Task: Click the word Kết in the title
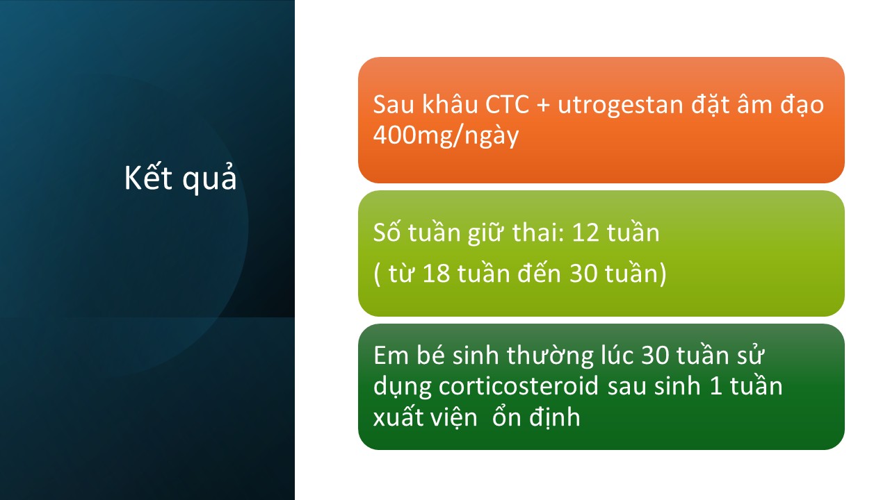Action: click(x=148, y=176)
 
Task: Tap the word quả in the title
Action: click(x=209, y=178)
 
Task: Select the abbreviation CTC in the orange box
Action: click(x=507, y=105)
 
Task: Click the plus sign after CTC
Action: click(x=543, y=106)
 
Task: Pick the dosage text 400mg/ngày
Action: click(x=446, y=135)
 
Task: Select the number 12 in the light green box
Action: click(x=585, y=233)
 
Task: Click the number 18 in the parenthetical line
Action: click(x=436, y=274)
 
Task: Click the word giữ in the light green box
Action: click(x=486, y=233)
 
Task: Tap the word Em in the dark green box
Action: click(x=391, y=355)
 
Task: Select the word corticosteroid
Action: click(x=518, y=385)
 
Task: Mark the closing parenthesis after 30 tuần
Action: click(x=663, y=274)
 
